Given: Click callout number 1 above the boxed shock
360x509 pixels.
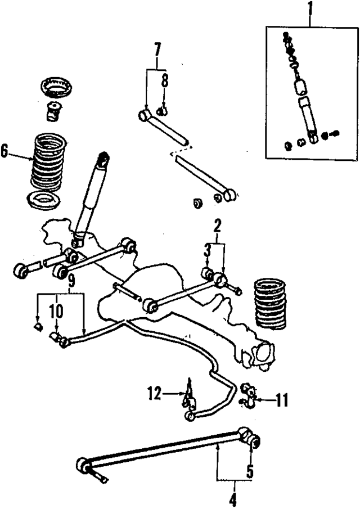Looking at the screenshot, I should (x=308, y=10).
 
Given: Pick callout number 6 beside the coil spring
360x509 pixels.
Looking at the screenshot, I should (x=5, y=151).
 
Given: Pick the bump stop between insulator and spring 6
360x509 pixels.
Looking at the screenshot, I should (x=55, y=111).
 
